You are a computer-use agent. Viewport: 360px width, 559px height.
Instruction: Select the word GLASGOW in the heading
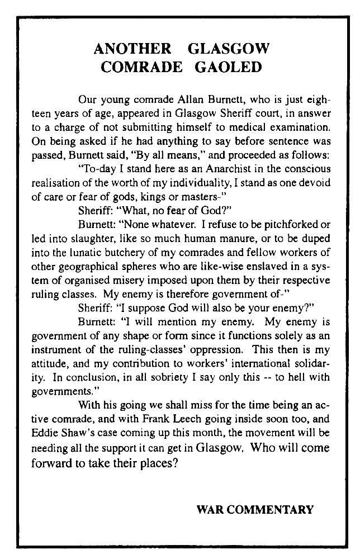(229, 49)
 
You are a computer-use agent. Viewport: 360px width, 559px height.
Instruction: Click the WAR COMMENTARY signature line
(255, 509)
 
